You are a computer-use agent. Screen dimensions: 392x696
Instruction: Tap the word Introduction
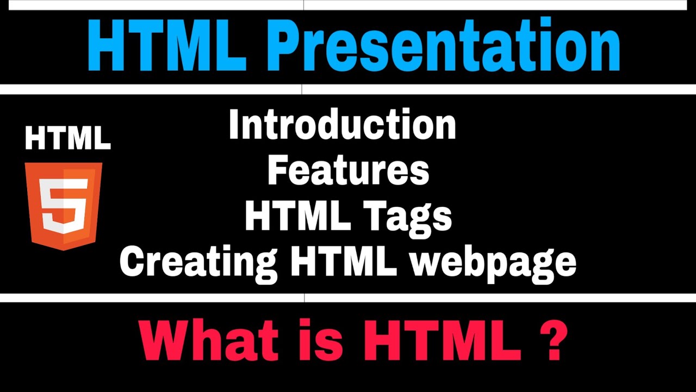tap(342, 125)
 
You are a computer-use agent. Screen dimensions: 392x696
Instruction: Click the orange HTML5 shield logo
tap(64, 205)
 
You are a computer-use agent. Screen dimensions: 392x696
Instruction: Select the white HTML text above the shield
tap(68, 139)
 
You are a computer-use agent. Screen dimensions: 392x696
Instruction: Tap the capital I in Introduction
tap(234, 125)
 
